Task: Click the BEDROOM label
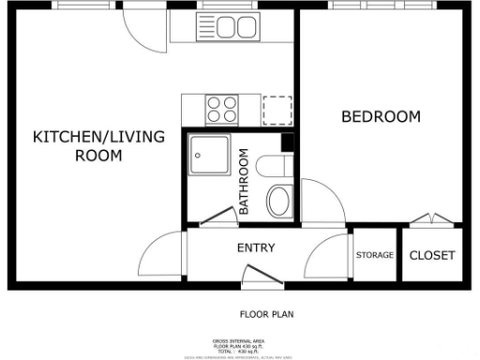tap(380, 117)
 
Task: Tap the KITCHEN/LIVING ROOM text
tap(98, 146)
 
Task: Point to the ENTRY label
tap(255, 248)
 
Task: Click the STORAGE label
tap(373, 255)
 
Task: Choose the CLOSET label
tap(432, 255)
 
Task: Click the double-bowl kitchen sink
tap(218, 28)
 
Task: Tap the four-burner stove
tap(221, 111)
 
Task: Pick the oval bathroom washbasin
tap(279, 201)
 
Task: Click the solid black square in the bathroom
tap(288, 142)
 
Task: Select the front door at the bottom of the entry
tap(257, 275)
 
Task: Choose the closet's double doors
tap(432, 221)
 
